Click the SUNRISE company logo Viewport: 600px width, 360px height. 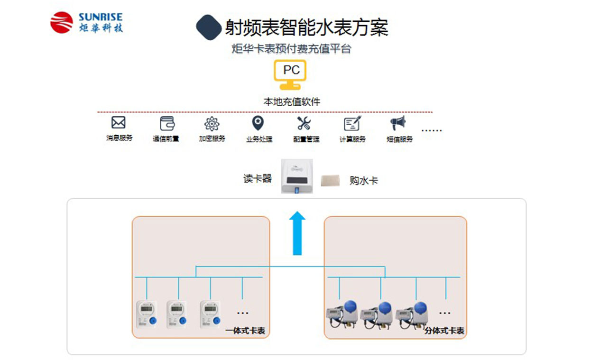click(x=86, y=23)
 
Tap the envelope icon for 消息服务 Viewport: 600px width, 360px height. click(x=118, y=123)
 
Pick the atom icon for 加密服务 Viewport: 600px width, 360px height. click(x=212, y=124)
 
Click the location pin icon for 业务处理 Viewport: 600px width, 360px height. click(x=258, y=123)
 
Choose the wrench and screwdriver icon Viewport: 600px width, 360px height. click(x=304, y=123)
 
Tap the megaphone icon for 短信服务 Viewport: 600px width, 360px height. click(x=398, y=123)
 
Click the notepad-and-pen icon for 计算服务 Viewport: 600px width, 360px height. click(x=352, y=123)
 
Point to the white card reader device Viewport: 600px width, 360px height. click(x=297, y=176)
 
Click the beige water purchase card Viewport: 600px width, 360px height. click(x=330, y=180)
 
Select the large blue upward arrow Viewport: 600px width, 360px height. click(x=297, y=233)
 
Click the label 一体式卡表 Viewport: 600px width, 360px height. click(x=245, y=331)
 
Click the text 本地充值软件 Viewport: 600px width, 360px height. click(x=292, y=102)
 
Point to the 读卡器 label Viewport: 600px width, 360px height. click(x=258, y=179)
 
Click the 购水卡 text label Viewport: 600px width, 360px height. click(x=364, y=180)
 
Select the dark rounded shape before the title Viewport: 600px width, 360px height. click(x=209, y=27)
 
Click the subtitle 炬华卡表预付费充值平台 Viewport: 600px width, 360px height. click(x=291, y=48)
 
